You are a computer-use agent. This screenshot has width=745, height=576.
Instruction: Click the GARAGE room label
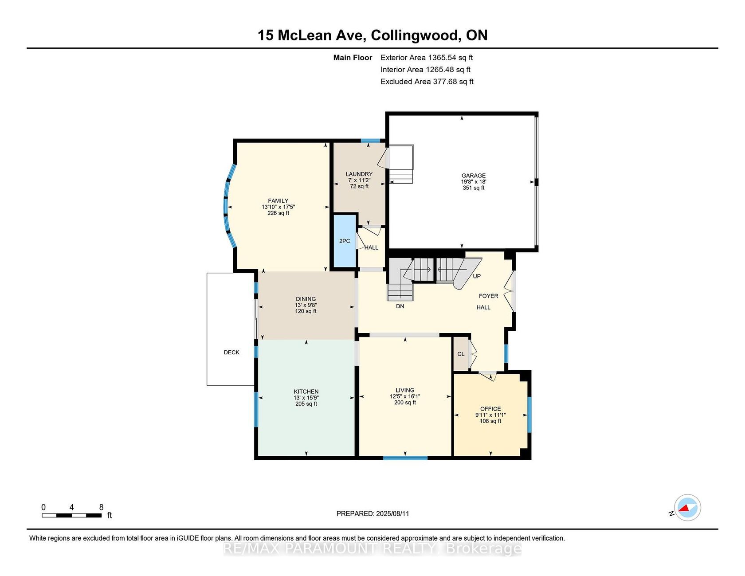click(x=474, y=176)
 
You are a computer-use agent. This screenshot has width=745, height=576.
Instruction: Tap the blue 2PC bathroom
click(x=345, y=241)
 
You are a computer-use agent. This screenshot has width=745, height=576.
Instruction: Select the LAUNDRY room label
click(x=359, y=174)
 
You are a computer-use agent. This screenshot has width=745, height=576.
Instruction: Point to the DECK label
click(x=231, y=353)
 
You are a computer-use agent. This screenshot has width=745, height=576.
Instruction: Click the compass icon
click(x=687, y=508)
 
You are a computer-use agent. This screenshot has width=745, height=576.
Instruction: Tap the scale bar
click(x=72, y=515)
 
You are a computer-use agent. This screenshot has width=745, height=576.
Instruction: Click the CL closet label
click(x=461, y=354)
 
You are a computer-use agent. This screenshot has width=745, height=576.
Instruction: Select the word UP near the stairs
click(x=477, y=276)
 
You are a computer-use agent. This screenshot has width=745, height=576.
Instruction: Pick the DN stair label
click(x=400, y=306)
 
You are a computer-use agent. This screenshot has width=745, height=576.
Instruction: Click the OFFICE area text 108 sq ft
click(x=490, y=421)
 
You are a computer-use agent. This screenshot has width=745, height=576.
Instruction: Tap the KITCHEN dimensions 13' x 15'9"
click(x=306, y=398)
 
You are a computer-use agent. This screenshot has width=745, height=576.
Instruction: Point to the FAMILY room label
click(x=278, y=201)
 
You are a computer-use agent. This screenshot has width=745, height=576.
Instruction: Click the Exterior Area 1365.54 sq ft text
click(x=427, y=58)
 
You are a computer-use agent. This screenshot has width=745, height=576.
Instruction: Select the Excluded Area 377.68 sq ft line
click(x=427, y=82)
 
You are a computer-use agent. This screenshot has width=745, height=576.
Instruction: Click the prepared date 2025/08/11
click(x=392, y=513)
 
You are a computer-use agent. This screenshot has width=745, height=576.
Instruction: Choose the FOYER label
click(x=488, y=296)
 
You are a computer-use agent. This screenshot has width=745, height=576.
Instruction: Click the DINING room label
click(x=306, y=299)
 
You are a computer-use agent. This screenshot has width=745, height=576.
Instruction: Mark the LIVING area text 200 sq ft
click(x=405, y=403)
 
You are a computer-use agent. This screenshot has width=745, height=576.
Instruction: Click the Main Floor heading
click(x=353, y=58)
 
